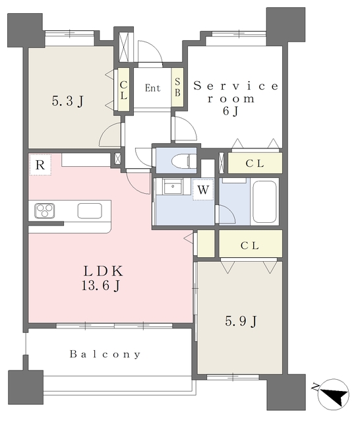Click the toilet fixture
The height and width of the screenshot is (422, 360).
[x=184, y=161]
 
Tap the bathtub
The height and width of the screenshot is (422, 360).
[x=264, y=202]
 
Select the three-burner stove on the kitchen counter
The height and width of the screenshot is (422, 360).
[x=45, y=211]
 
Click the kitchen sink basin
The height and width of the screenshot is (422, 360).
[x=90, y=211]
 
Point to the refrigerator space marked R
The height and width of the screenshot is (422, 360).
[x=40, y=165]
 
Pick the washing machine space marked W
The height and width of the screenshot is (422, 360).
[x=203, y=190]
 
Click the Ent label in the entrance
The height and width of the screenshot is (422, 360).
[x=152, y=88]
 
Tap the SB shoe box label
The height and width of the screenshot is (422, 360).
[x=177, y=87]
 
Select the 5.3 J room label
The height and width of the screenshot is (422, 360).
[x=68, y=102]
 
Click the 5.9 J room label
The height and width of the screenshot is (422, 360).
[x=241, y=321]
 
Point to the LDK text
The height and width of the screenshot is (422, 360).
[x=104, y=271]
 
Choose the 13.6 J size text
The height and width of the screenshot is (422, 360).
[x=101, y=286]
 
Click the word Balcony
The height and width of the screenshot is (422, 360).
[x=105, y=354]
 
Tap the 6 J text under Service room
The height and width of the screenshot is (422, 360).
[x=231, y=111]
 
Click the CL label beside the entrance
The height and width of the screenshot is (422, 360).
[x=123, y=90]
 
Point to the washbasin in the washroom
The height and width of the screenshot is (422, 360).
[x=173, y=186]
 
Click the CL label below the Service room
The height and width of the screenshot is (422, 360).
[x=255, y=164]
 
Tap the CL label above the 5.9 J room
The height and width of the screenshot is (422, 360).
[x=250, y=245]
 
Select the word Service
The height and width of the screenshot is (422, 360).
[x=236, y=86]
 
